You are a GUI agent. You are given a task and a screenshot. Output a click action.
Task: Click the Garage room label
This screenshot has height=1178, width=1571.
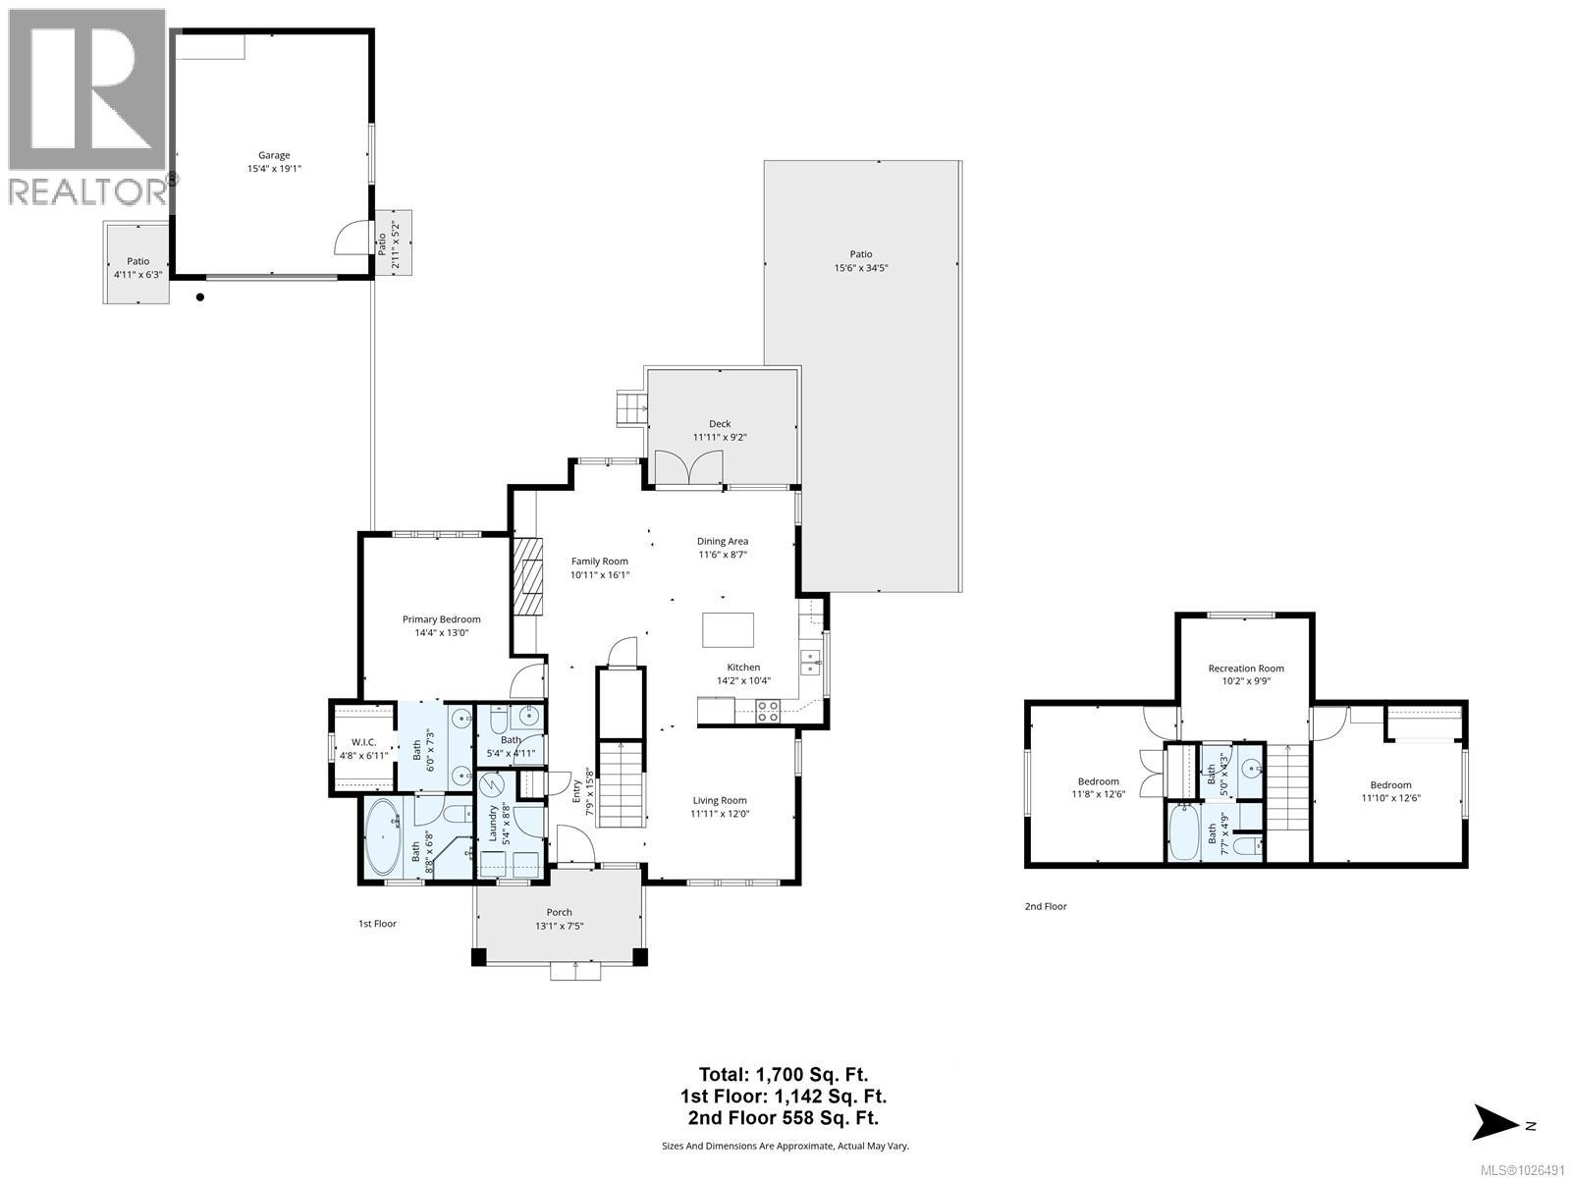tap(274, 155)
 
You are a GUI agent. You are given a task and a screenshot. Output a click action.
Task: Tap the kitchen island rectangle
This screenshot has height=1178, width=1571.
tap(729, 629)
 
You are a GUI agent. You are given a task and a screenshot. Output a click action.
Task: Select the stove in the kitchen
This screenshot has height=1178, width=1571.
tap(768, 711)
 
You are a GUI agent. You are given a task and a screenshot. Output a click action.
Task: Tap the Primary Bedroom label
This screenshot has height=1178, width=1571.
tap(441, 619)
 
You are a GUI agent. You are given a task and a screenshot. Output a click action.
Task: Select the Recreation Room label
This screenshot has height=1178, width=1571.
tap(1245, 669)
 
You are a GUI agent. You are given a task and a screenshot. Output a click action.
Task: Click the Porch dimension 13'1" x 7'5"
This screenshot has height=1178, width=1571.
tap(560, 927)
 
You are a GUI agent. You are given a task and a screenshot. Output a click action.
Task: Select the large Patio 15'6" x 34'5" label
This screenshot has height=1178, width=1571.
tap(861, 254)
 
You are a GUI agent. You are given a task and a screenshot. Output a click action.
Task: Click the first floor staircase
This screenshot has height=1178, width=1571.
tap(620, 785)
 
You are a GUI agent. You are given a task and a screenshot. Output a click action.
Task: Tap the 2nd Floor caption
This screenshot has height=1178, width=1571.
tap(1045, 906)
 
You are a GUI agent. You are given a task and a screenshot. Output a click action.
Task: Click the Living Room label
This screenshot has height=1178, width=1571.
tap(720, 800)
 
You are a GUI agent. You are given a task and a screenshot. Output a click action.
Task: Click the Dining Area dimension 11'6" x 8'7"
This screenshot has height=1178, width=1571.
tap(723, 555)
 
